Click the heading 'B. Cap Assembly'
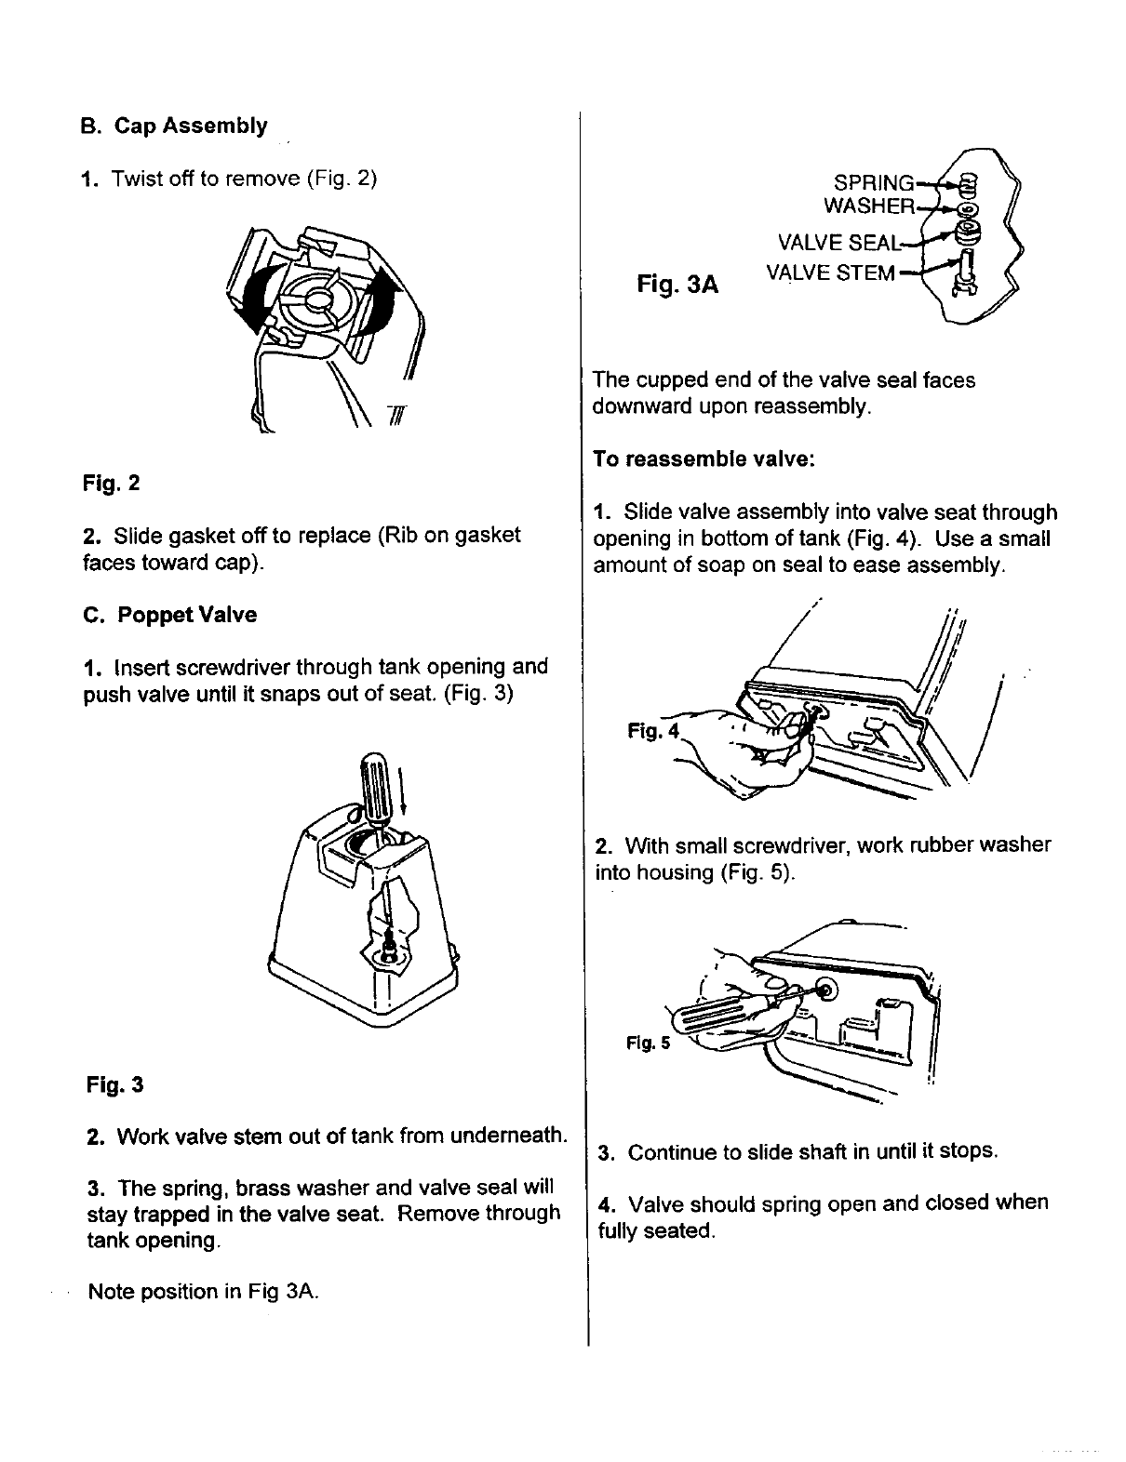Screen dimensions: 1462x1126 click(x=174, y=126)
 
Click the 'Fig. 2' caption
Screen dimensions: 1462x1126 click(x=111, y=484)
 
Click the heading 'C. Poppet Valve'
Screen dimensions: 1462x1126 click(x=169, y=615)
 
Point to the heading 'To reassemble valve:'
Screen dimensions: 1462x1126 click(x=704, y=459)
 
